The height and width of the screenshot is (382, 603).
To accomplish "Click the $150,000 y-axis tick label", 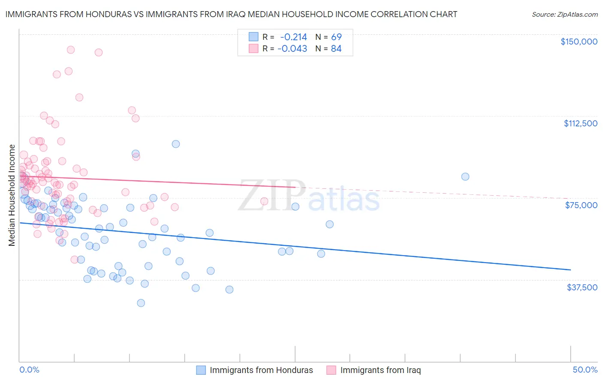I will (x=579, y=42).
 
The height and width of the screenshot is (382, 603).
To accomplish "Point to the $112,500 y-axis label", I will (x=580, y=123).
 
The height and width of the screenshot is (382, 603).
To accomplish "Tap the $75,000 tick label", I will (x=581, y=205).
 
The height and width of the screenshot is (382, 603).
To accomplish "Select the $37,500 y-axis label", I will (x=582, y=287).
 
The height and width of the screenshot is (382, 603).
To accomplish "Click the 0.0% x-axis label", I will (x=29, y=370).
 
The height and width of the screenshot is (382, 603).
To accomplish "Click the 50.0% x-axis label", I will (x=585, y=370).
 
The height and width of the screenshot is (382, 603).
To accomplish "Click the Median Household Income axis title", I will (x=12, y=195).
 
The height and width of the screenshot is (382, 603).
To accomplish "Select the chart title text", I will (x=231, y=14).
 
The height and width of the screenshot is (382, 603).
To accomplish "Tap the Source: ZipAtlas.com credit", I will (x=564, y=14).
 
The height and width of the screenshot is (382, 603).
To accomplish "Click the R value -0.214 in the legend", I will (x=293, y=37).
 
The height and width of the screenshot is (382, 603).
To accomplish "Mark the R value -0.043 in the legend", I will (x=292, y=49).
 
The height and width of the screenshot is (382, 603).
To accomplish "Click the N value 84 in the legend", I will (x=336, y=49).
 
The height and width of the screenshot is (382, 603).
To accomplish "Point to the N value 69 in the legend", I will (x=336, y=37).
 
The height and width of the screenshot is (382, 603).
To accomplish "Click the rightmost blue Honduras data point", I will (x=465, y=177).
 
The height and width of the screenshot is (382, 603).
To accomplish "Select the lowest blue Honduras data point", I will (x=141, y=303).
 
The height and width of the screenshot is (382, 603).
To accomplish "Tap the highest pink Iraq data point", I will (x=71, y=50).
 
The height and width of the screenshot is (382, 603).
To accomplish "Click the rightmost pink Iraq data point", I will (x=264, y=201).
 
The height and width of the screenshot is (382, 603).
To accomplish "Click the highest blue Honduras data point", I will (x=176, y=144).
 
